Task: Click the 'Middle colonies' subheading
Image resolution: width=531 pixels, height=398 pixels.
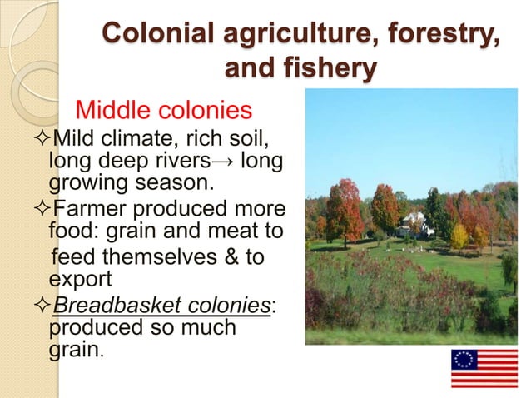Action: coord(163,110)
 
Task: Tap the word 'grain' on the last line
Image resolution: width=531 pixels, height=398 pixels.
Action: coord(73,350)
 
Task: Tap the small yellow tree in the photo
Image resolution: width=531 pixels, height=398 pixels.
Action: coord(459,236)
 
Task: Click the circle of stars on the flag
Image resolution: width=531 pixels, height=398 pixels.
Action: coord(465,359)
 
